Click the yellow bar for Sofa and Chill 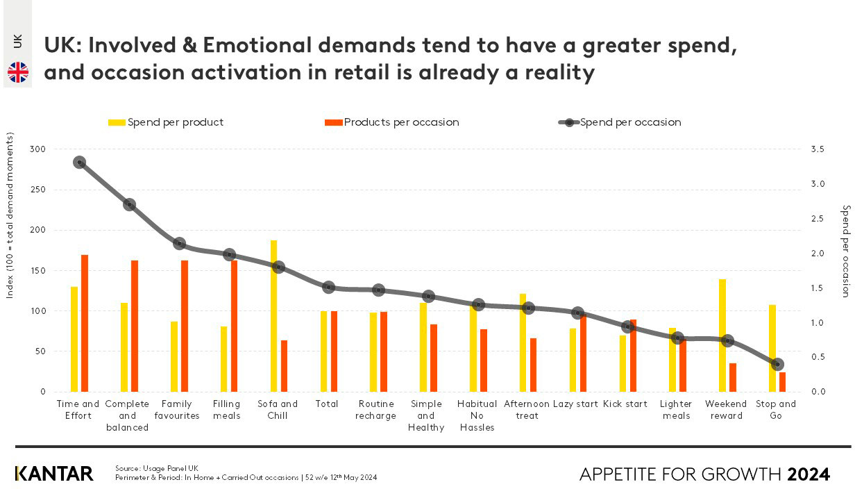pos(273,316)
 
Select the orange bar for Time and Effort pos(85,323)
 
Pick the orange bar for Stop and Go pos(783,382)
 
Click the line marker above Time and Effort pos(79,162)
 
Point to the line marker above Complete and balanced pos(129,204)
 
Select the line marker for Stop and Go pos(777,364)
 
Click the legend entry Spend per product pos(166,122)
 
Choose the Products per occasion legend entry pos(392,122)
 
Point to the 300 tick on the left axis pos(37,149)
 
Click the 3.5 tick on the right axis pos(817,149)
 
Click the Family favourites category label pos(177,410)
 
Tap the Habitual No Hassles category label pos(477,415)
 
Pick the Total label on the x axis pos(327,404)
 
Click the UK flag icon pos(18,72)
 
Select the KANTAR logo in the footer pos(54,474)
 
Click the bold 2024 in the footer pos(809,474)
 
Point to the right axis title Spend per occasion pos(845,251)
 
